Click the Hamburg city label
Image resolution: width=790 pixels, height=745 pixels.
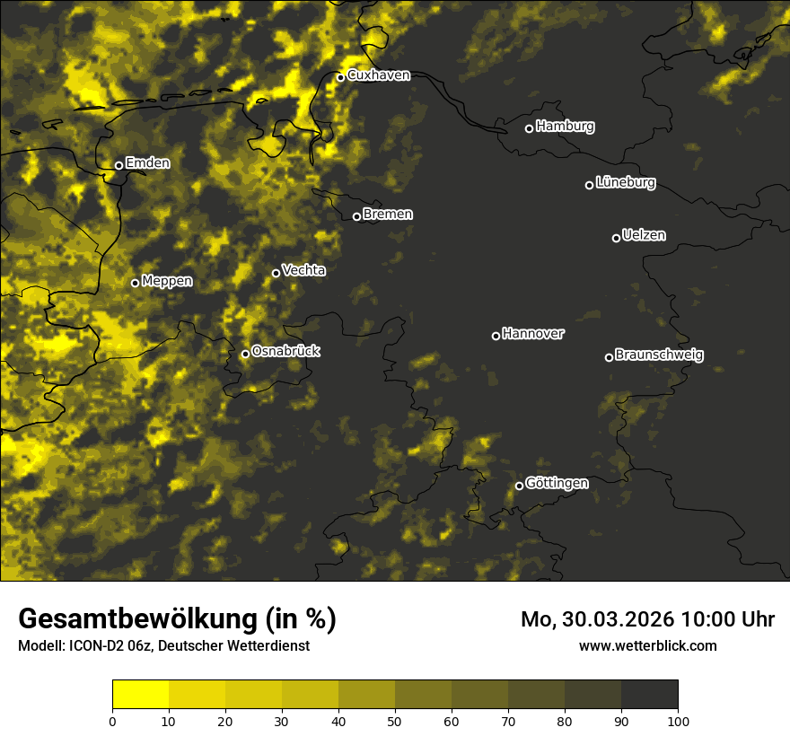(x=565, y=127)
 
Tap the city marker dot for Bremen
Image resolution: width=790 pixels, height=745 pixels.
(x=356, y=216)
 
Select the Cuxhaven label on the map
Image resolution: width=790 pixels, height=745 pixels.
(x=378, y=75)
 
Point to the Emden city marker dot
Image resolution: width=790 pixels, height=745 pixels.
(x=118, y=165)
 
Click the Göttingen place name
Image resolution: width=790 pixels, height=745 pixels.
(x=557, y=484)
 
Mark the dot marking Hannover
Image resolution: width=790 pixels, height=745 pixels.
(x=496, y=336)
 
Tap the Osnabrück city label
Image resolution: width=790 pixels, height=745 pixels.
(x=285, y=352)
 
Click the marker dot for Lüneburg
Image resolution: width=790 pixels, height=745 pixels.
(x=589, y=185)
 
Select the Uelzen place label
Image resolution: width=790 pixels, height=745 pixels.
(x=644, y=235)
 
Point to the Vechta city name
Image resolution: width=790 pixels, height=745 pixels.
(x=303, y=270)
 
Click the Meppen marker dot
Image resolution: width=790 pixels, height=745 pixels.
(x=135, y=283)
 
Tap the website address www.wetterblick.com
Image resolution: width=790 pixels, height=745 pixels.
(x=647, y=645)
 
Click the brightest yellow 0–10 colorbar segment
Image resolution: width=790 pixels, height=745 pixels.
(x=140, y=695)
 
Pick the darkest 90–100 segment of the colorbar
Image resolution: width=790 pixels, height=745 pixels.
(x=649, y=695)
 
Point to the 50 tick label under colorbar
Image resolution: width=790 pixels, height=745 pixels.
(x=395, y=721)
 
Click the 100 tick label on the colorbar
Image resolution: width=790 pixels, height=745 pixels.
(x=678, y=721)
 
